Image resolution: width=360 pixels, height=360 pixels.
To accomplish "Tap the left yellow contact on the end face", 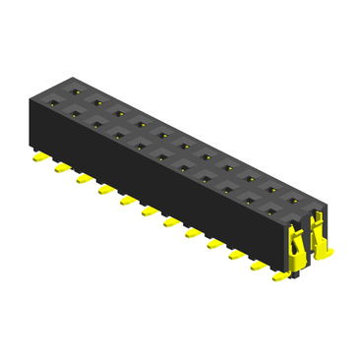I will click(x=298, y=240).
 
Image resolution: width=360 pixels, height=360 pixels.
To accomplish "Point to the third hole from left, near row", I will click(x=97, y=125).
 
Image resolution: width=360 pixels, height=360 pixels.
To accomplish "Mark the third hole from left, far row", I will click(x=120, y=113).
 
